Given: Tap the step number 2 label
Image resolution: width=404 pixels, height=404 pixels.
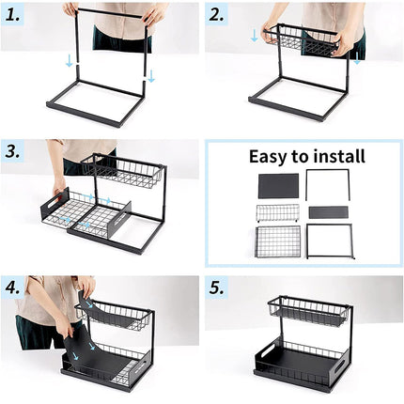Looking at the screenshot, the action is [216, 15].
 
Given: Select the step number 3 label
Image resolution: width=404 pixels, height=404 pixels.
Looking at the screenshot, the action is [13, 152].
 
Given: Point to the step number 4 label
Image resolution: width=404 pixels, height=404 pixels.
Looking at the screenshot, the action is [13, 288].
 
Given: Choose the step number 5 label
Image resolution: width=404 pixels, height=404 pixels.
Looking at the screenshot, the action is [217, 288].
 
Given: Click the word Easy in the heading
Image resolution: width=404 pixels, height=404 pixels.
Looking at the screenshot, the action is [269, 157].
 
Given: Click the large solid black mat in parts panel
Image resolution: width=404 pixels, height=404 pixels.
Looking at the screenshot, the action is [278, 186].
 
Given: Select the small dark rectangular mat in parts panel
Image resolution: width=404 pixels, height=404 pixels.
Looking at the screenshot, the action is [329, 212].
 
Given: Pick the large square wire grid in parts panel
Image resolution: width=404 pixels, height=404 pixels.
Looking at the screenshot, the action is [278, 241].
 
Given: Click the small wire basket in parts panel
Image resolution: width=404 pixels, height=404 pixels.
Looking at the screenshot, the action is [278, 213].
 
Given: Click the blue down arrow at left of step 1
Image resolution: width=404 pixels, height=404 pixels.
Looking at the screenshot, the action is [69, 61].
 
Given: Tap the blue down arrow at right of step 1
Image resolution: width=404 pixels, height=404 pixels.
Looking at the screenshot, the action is [151, 76].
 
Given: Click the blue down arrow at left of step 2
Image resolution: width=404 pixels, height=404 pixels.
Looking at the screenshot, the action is [255, 36].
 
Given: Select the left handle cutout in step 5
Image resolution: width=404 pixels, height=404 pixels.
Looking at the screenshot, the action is [268, 351].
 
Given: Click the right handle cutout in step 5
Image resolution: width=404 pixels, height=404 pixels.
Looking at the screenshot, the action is [340, 366].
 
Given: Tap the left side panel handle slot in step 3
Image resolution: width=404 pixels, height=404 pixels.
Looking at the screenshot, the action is [54, 203].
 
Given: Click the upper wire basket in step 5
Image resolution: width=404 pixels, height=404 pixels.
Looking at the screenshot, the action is [309, 312].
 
